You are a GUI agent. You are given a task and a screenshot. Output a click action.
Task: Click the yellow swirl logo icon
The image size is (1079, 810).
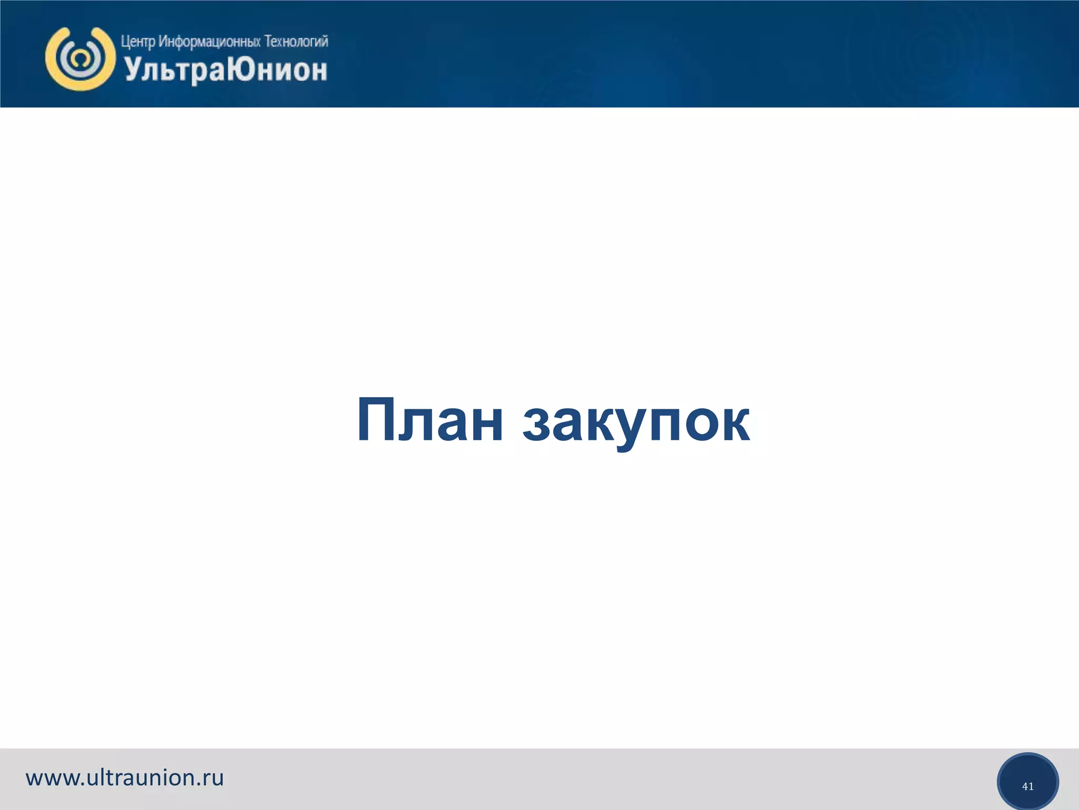(80, 58)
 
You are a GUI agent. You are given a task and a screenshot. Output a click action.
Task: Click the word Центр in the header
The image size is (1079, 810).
(138, 41)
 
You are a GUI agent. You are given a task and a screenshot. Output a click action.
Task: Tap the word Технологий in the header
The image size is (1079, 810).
(296, 41)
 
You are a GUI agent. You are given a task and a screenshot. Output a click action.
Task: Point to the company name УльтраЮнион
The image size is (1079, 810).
(225, 70)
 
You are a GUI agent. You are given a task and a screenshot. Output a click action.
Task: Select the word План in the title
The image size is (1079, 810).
(430, 420)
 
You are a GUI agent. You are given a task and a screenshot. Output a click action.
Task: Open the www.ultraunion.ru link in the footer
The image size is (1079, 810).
(125, 778)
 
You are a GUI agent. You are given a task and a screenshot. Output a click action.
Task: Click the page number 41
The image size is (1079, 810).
(1027, 786)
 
